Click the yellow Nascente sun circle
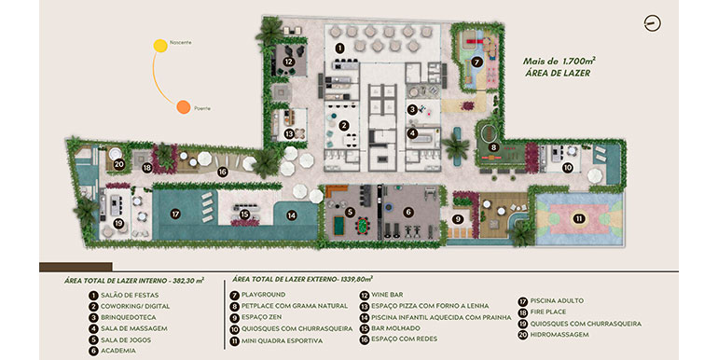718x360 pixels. [x=159, y=45]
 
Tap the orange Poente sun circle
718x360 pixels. [x=184, y=107]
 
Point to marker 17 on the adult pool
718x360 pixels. [x=174, y=214]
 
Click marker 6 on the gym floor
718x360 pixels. [x=407, y=213]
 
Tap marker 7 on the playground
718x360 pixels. [x=476, y=62]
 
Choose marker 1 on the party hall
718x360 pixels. [x=339, y=46]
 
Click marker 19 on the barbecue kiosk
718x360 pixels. [x=118, y=224]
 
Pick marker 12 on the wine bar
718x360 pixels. [x=289, y=62]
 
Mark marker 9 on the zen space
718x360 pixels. [x=458, y=219]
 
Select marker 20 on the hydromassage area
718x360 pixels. [x=118, y=165]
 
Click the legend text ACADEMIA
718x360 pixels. [x=118, y=351]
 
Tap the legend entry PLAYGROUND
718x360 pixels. [x=261, y=295]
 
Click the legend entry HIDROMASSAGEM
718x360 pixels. [x=562, y=333]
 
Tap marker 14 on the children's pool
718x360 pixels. [x=292, y=215]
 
